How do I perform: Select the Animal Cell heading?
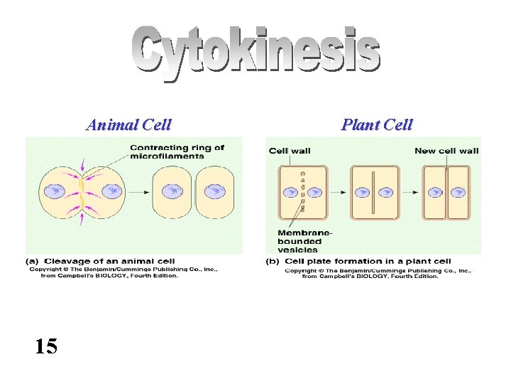pos(128,125)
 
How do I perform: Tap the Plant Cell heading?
pos(376,125)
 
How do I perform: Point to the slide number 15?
pos(46,346)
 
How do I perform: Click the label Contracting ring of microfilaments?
pos(177,152)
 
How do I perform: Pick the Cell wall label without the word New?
pos(289,151)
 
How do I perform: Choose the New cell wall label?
pos(446,151)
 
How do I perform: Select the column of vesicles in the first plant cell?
pos(303,191)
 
